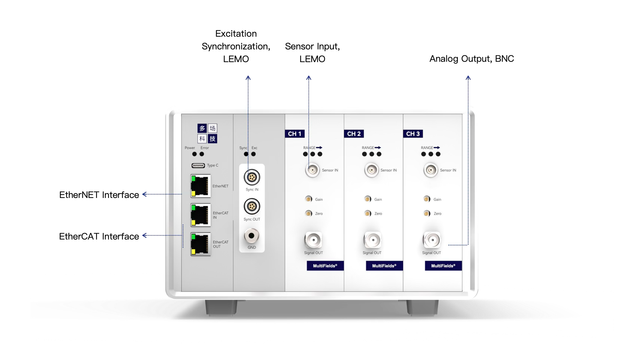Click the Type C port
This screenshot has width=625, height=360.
pyautogui.click(x=198, y=165)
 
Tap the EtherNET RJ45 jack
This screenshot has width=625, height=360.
pyautogui.click(x=201, y=186)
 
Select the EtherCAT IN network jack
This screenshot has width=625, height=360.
pyautogui.click(x=201, y=215)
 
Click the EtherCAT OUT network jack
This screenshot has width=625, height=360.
pyautogui.click(x=201, y=244)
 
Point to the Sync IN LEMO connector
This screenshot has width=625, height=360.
pyautogui.click(x=251, y=177)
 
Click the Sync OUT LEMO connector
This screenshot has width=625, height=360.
pyautogui.click(x=251, y=207)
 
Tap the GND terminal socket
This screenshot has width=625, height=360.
pyautogui.click(x=251, y=236)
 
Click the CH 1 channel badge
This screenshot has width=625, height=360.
pyautogui.click(x=295, y=134)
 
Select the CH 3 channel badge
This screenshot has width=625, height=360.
pyautogui.click(x=413, y=134)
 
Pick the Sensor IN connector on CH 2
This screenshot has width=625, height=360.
pyautogui.click(x=371, y=170)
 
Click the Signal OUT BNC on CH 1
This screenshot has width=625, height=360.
pyautogui.click(x=313, y=240)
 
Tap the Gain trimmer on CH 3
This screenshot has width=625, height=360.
pyautogui.click(x=427, y=199)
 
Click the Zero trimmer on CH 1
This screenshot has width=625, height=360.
pyautogui.click(x=308, y=213)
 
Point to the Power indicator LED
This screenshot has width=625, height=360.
pyautogui.click(x=195, y=154)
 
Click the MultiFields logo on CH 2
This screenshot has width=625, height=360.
pyautogui.click(x=384, y=266)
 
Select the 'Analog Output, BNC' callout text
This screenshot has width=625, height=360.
pyautogui.click(x=472, y=59)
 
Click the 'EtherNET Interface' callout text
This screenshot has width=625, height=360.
pyautogui.click(x=99, y=195)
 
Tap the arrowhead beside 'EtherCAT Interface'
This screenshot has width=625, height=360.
pyautogui.click(x=144, y=235)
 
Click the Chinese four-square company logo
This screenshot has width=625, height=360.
pyautogui.click(x=207, y=133)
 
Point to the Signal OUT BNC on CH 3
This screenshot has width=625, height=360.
pyautogui.click(x=432, y=240)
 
